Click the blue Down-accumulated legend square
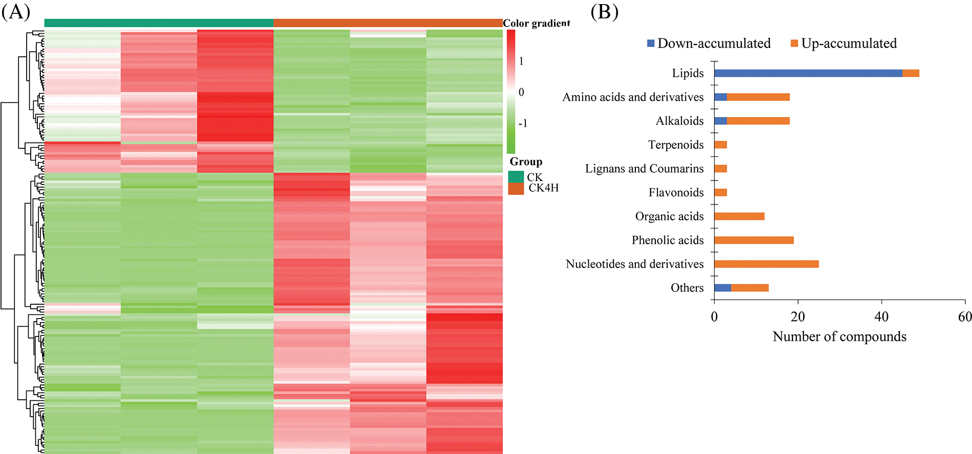(651, 43)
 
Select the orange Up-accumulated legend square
(794, 43)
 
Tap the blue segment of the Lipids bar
(808, 73)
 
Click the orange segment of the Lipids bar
(911, 73)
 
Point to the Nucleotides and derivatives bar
(766, 264)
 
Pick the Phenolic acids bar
(754, 240)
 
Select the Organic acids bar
(739, 216)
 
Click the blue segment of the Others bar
(722, 288)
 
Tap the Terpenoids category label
(676, 145)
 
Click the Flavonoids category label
(676, 193)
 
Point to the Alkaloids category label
(679, 121)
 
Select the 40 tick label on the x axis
(881, 317)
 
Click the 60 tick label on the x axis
(965, 317)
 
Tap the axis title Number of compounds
(839, 336)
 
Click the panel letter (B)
(604, 12)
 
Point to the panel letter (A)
(15, 12)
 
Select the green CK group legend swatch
(516, 177)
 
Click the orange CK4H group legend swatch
(516, 189)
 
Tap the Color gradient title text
(536, 23)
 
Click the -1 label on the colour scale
(523, 123)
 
